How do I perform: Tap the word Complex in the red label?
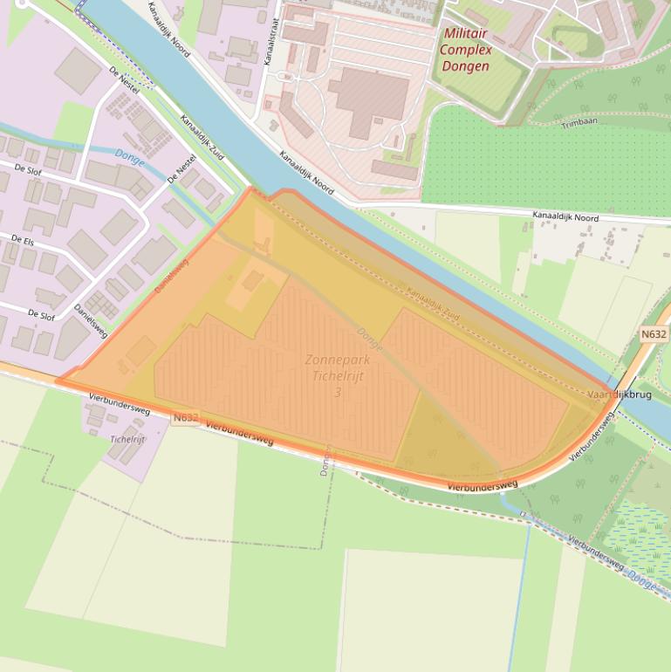[x=465, y=49]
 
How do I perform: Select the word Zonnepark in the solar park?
[x=338, y=360]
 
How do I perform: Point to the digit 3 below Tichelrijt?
[x=338, y=393]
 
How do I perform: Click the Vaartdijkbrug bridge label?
[x=620, y=394]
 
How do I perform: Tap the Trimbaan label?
[x=579, y=125]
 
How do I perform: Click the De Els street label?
[x=23, y=238]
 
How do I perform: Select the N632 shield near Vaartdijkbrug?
[x=654, y=334]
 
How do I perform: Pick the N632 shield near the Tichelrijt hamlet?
[x=186, y=418]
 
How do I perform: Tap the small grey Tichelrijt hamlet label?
[x=128, y=439]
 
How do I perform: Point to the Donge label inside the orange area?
[x=369, y=339]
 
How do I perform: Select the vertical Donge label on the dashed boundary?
[x=325, y=460]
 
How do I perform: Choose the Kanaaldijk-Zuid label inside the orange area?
[x=434, y=304]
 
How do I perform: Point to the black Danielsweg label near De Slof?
[x=91, y=321]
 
